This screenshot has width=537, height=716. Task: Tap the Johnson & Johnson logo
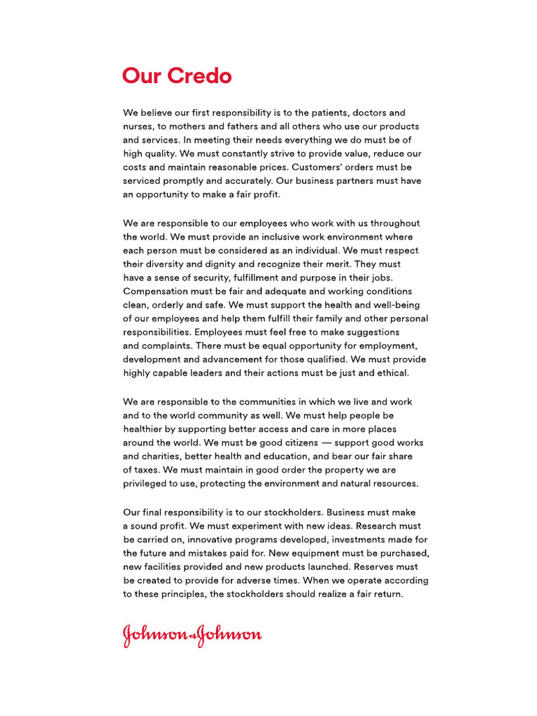[192, 635]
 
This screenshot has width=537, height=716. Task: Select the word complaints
[167, 345]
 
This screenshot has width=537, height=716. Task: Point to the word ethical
[389, 373]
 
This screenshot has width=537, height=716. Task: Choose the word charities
[159, 457]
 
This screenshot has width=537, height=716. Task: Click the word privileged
[148, 484]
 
